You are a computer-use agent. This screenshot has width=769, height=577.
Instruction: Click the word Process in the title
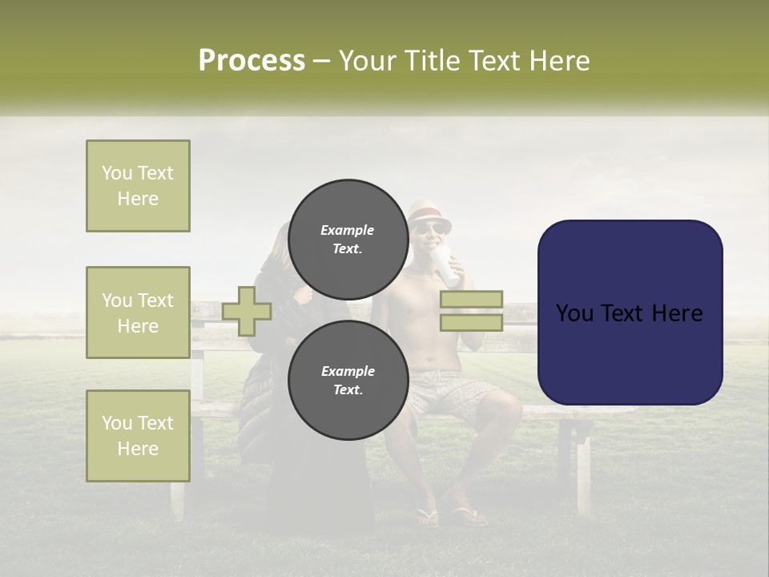[x=252, y=61]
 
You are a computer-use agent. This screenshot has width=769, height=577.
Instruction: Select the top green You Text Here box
[x=138, y=186]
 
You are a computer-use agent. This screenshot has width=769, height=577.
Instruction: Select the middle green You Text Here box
[x=138, y=313]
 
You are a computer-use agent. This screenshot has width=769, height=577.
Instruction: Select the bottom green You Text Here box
[x=138, y=436]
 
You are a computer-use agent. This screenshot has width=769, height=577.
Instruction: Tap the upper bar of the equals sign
[x=471, y=300]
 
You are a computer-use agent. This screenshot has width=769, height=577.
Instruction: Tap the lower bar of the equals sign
[x=471, y=323]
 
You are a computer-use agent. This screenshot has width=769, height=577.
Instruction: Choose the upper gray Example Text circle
[x=348, y=239]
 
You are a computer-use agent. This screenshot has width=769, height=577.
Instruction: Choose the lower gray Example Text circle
[x=348, y=380]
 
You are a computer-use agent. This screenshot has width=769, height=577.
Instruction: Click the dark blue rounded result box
[x=630, y=353]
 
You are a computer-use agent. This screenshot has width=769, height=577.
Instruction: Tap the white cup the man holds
[x=449, y=266]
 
